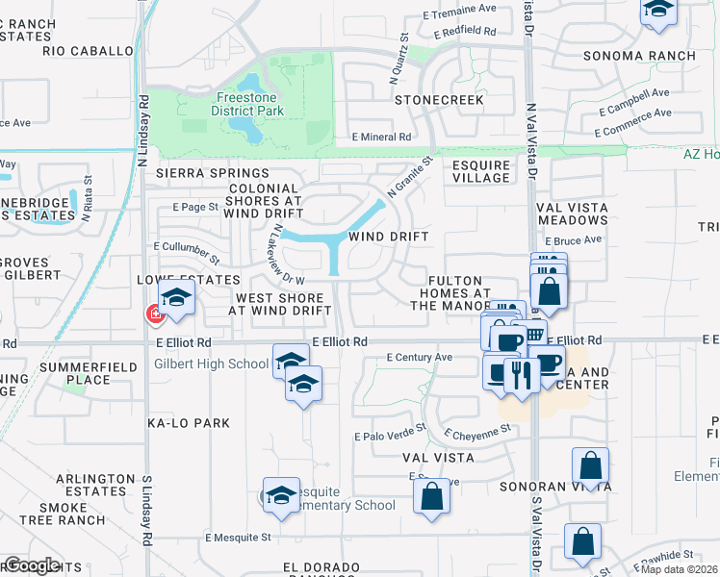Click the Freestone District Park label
point(248,104)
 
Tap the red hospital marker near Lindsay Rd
point(153,314)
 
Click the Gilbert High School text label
point(211,364)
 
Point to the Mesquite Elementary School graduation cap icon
point(281,494)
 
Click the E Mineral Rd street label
point(381,138)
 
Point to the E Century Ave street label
point(419,357)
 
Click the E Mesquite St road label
point(239,538)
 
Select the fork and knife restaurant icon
point(522,376)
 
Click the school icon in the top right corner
point(658,9)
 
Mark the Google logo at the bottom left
point(31,564)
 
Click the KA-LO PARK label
point(189,423)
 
